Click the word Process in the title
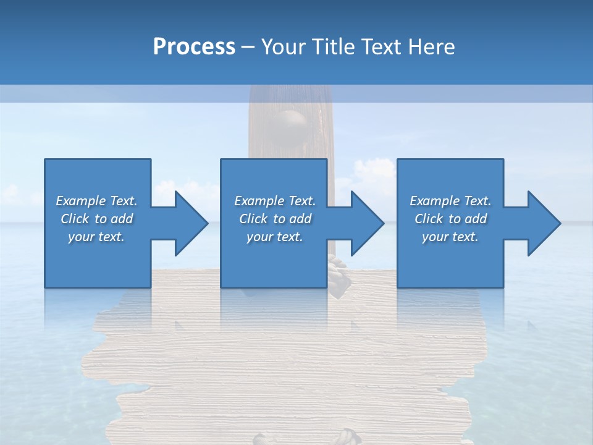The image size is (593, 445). pos(194,46)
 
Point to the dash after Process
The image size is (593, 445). pos(248,47)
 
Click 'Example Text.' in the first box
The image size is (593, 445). pos(96,201)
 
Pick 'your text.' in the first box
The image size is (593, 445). pos(96,237)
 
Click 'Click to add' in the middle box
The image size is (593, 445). pos(275,219)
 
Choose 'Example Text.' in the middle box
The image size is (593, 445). pos(275,201)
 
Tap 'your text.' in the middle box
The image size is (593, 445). pos(275,237)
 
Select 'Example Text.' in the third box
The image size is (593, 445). pos(450,201)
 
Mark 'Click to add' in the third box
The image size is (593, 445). pos(450,219)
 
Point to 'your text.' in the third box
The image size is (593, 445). pos(450,237)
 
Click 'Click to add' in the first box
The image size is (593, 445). pos(96,219)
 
